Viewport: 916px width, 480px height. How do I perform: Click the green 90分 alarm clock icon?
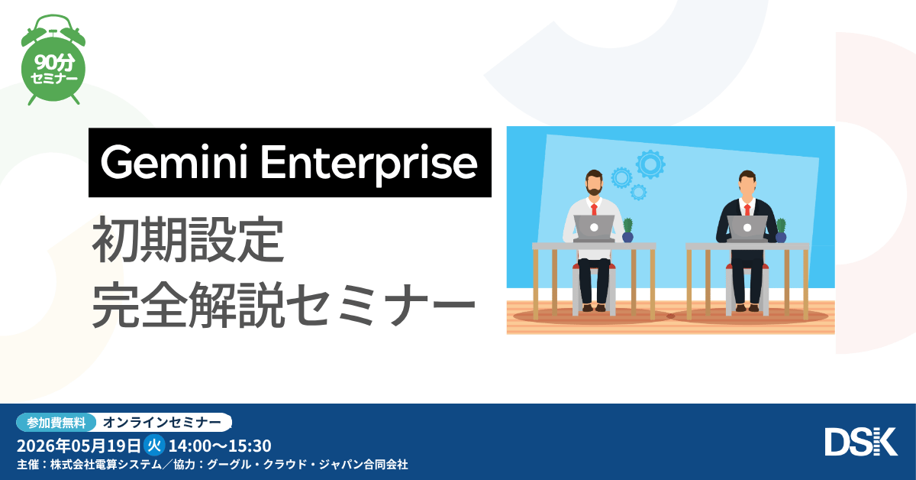(x=53, y=65)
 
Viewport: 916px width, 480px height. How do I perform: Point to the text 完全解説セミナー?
(x=283, y=304)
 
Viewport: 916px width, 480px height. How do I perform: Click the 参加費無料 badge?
(x=56, y=422)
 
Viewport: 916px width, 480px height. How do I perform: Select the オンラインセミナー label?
(x=162, y=422)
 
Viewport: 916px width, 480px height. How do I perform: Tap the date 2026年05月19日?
(x=79, y=445)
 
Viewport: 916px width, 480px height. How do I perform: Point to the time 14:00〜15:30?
(x=219, y=445)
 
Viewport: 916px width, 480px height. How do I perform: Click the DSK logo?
(x=860, y=442)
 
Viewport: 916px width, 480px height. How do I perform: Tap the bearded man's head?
(x=594, y=183)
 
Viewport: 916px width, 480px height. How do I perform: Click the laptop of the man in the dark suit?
(x=747, y=227)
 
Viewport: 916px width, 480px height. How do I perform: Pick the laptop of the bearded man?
(x=594, y=227)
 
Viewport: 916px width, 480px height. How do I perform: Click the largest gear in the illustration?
(x=650, y=164)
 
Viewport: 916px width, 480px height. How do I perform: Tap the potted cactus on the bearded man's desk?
(x=627, y=230)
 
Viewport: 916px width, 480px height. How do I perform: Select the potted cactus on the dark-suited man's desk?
(x=781, y=230)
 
